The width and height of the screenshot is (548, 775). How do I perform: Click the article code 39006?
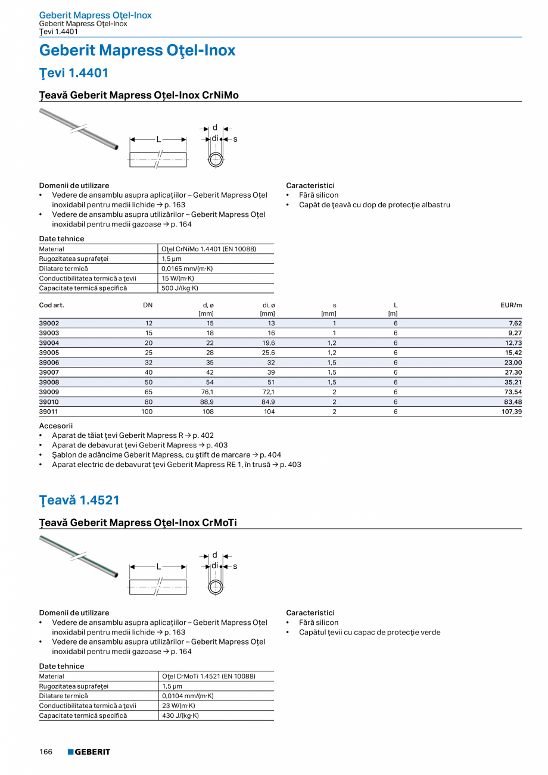[49, 362]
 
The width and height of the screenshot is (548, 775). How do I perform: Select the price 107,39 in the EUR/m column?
[511, 412]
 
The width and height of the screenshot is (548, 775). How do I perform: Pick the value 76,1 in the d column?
[207, 392]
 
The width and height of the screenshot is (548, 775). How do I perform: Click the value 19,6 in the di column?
[268, 343]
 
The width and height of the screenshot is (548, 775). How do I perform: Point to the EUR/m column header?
[511, 305]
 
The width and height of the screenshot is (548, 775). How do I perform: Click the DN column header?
[148, 305]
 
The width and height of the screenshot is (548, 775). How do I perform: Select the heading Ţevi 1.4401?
[74, 73]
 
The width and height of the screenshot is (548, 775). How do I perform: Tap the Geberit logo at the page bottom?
[89, 752]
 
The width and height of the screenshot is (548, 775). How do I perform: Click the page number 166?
[46, 752]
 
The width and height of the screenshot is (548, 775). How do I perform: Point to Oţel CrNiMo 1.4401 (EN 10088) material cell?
[208, 249]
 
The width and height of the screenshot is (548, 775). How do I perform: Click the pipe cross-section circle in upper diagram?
[216, 160]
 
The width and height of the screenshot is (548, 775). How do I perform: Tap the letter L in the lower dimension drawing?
[158, 567]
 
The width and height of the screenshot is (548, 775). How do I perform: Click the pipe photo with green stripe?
[79, 556]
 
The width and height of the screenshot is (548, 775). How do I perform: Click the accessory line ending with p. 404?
[166, 455]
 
